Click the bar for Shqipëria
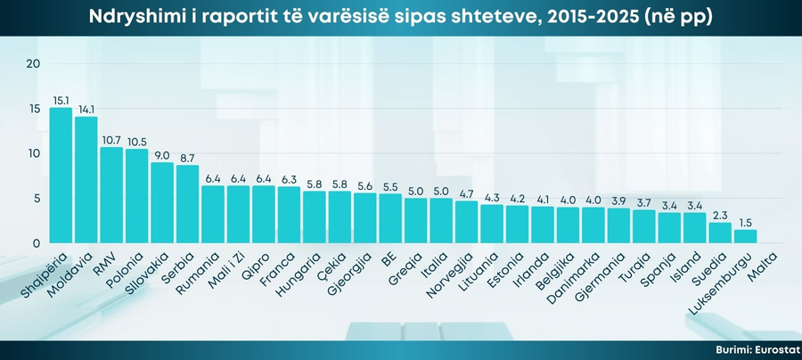point(61,176)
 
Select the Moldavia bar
point(86,180)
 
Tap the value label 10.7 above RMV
point(111,140)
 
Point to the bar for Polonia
point(137,196)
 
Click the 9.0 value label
point(162,155)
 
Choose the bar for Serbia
point(188,204)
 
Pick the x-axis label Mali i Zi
point(228,266)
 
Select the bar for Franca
point(290,215)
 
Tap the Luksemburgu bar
point(746,236)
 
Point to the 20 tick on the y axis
point(34,63)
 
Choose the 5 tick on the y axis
point(37,199)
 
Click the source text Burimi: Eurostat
point(756,350)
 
